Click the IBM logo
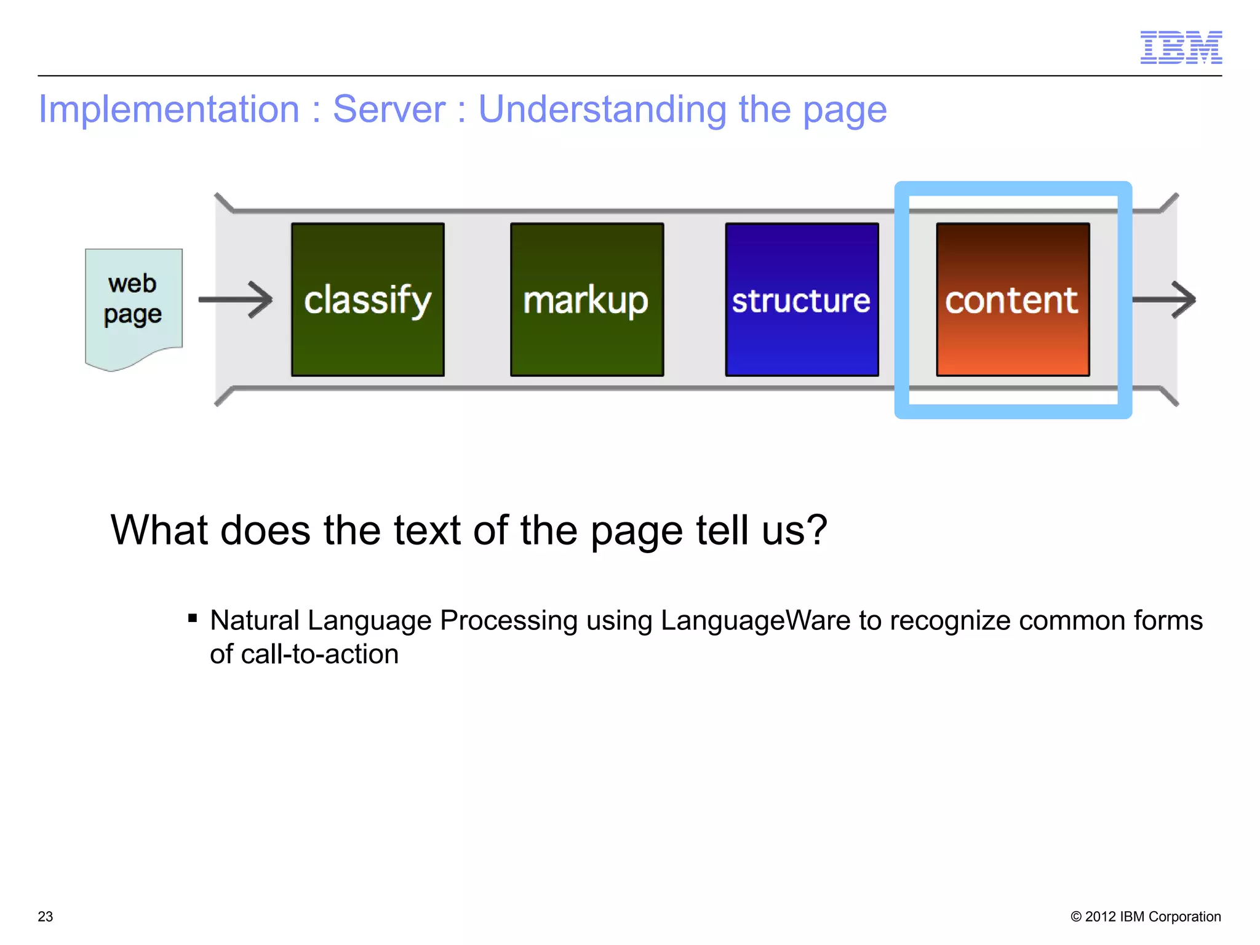tap(1181, 47)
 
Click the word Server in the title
tap(389, 110)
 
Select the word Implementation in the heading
tap(169, 110)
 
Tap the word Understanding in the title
tap(602, 110)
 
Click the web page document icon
tap(134, 305)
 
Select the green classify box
tap(368, 300)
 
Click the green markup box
tap(586, 300)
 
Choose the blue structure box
tap(802, 300)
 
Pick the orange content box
tap(1013, 300)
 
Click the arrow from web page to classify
tap(236, 300)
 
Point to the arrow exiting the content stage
tap(1165, 300)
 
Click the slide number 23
tap(46, 917)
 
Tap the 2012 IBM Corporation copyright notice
tap(1146, 917)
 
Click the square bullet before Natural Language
tap(193, 618)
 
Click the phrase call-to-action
tap(319, 654)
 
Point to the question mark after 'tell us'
tap(816, 530)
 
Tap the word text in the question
tap(427, 530)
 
